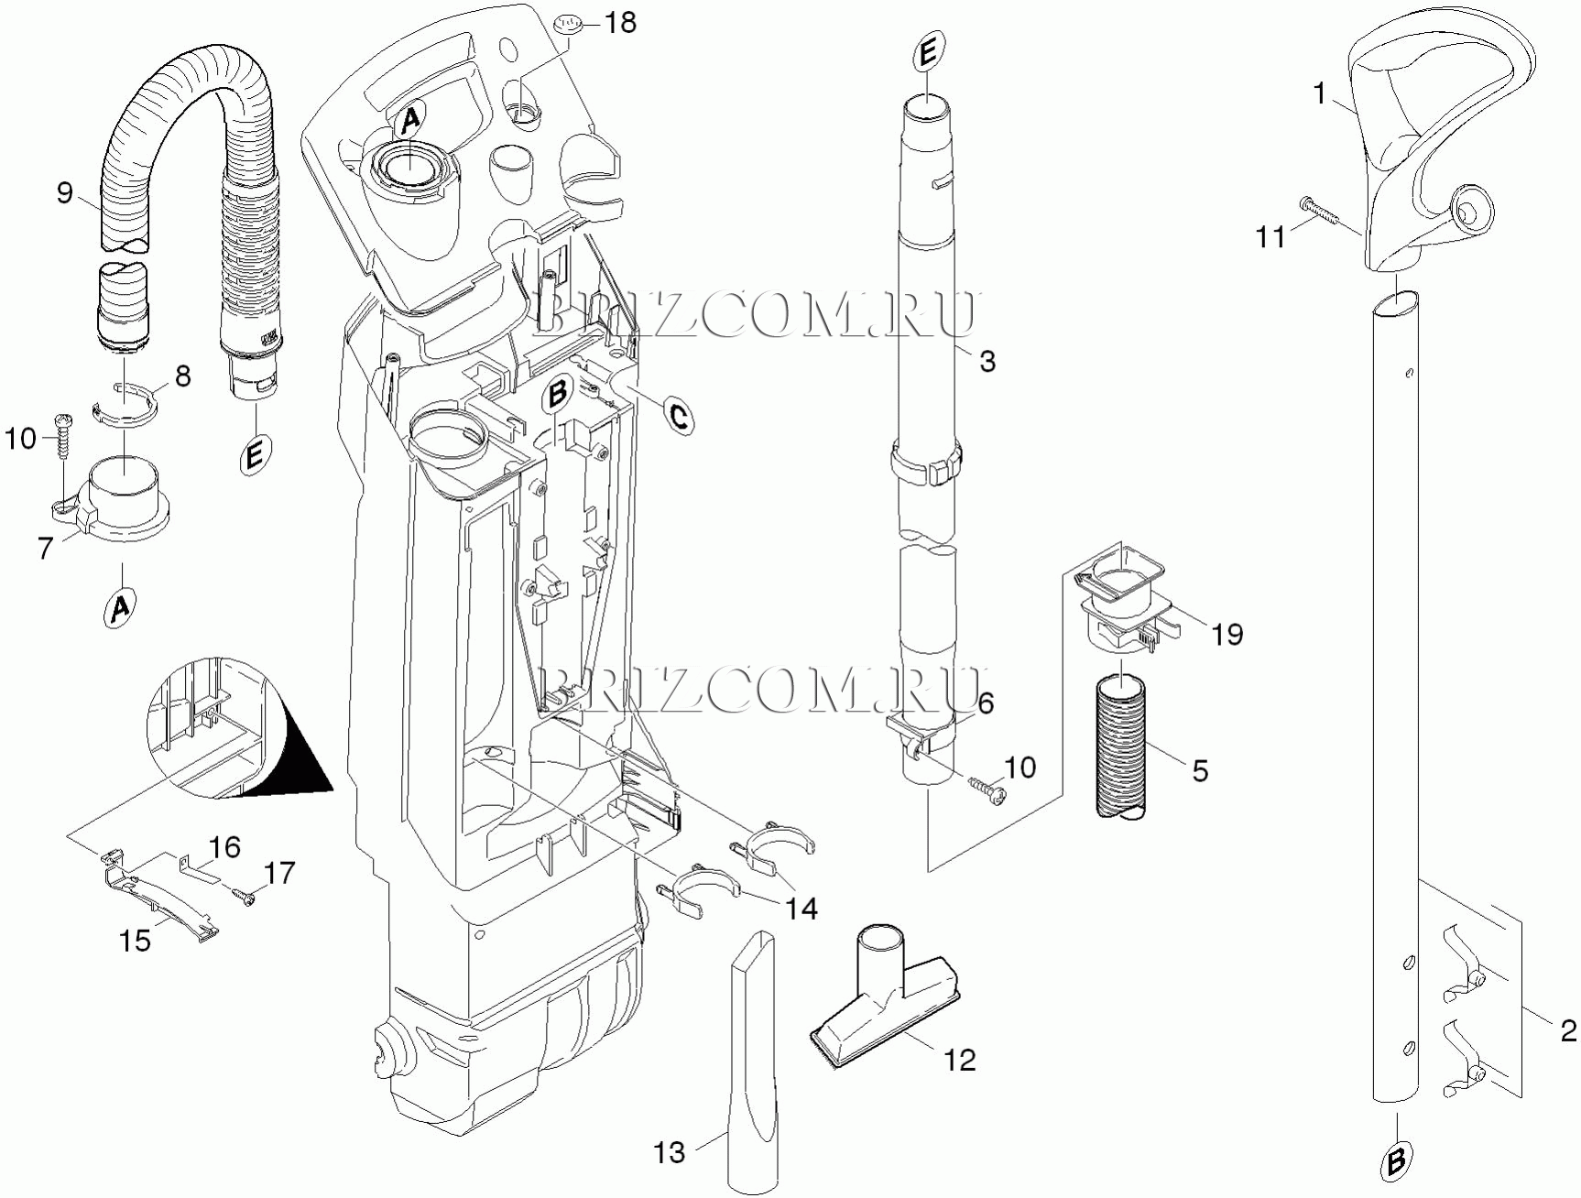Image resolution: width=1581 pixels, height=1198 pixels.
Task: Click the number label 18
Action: coord(621,23)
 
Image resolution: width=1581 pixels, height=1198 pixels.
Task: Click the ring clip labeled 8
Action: coord(125,406)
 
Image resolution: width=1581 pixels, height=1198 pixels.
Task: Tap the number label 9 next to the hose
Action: coord(64,193)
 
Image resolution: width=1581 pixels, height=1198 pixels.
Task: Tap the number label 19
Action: coord(1227,634)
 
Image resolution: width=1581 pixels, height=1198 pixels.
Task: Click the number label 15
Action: coord(136,940)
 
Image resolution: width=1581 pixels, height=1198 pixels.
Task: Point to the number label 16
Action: coord(224,848)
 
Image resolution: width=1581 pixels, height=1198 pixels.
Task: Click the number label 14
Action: coord(801,909)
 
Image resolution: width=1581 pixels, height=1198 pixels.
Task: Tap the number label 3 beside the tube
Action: coord(987,361)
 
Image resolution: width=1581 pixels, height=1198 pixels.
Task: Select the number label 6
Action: coord(985,703)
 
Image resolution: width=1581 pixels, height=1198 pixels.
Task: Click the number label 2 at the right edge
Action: coord(1568,1030)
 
